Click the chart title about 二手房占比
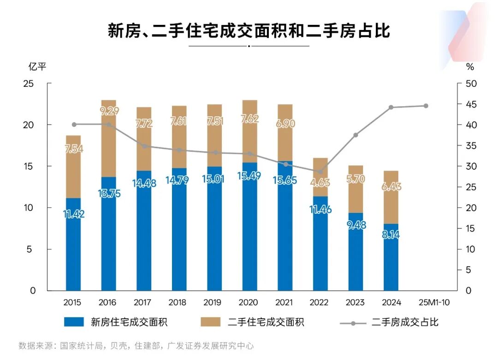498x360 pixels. point(249,31)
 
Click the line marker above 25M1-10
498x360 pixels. point(426,106)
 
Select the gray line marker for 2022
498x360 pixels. point(320,172)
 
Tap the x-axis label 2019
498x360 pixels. point(213,303)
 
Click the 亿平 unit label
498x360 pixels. point(37,66)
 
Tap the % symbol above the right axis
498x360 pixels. point(470,66)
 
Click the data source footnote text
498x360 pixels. point(136,346)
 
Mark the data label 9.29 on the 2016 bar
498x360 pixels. point(109,111)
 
